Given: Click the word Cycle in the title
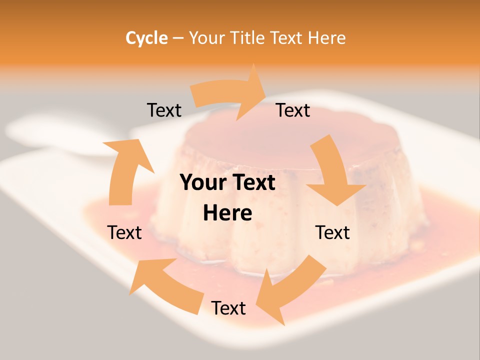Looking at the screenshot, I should click(146, 38).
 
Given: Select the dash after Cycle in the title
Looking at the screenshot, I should click(178, 38).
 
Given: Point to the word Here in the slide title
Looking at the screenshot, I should click(327, 38).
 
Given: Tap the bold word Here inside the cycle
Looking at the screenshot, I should click(227, 213).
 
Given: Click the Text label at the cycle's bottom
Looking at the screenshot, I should click(228, 308).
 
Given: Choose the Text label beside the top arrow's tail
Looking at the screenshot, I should click(164, 110).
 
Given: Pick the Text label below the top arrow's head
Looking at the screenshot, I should click(293, 110).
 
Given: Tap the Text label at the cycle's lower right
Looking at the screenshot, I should click(332, 232).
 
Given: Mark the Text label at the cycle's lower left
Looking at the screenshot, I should click(124, 232).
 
